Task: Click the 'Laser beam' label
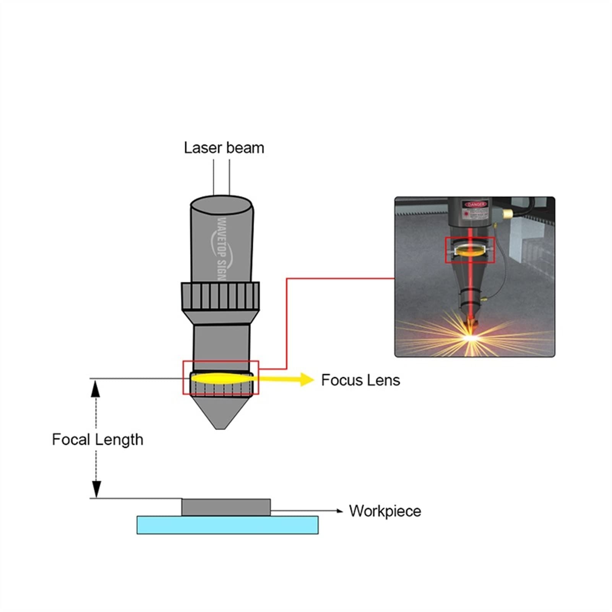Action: tap(224, 148)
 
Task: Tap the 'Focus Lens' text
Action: tap(360, 380)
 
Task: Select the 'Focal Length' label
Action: tap(97, 440)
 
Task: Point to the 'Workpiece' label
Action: tap(385, 511)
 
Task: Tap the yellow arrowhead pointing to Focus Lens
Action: tap(307, 380)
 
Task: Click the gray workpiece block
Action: tap(226, 507)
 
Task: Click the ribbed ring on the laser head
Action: tap(220, 296)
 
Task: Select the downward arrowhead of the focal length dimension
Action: tap(96, 489)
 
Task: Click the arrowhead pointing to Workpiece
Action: tap(339, 511)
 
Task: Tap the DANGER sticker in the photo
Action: tap(476, 205)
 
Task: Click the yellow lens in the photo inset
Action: tap(470, 250)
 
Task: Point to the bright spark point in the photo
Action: tap(470, 337)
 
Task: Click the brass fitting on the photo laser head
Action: tap(507, 213)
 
